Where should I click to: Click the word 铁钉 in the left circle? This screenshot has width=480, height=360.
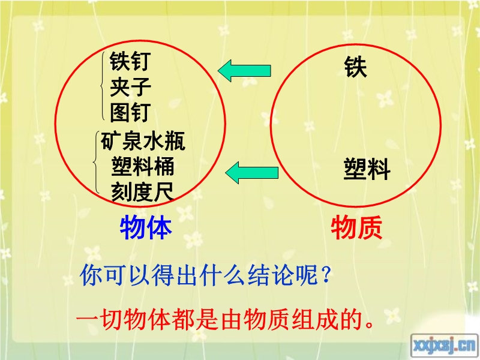(x=130, y=61)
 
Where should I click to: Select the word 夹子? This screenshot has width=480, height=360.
(x=130, y=87)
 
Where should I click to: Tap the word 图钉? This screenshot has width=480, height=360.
(x=130, y=112)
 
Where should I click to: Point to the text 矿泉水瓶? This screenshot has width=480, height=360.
(x=143, y=141)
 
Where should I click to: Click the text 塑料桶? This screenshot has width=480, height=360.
(x=143, y=167)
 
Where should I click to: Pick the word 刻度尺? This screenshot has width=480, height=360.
(x=142, y=192)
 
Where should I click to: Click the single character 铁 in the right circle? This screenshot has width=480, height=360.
(x=355, y=67)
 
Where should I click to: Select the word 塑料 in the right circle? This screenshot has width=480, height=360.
(x=367, y=169)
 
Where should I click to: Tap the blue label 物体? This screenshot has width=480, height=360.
(x=146, y=227)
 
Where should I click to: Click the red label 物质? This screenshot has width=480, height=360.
(x=356, y=227)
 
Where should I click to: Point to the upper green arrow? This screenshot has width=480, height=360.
(x=244, y=71)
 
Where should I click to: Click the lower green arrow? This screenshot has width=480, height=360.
(x=252, y=173)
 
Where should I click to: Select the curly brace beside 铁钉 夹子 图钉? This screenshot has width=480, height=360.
(x=102, y=86)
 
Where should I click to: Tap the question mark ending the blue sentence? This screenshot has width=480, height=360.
(x=326, y=274)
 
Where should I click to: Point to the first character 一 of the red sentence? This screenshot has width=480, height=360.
(x=88, y=320)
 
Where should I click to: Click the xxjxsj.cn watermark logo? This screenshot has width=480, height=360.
(x=444, y=346)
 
